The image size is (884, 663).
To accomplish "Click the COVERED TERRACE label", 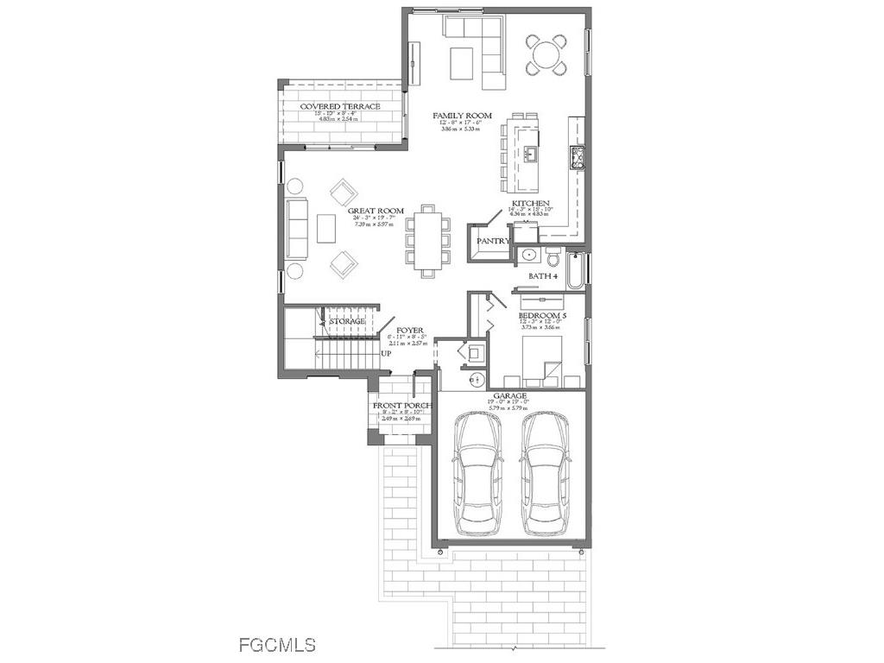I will [x=340, y=106].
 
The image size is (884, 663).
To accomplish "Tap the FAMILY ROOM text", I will [x=462, y=116].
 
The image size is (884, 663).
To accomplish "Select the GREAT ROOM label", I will [x=376, y=211].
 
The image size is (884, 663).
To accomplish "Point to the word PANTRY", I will [x=493, y=242].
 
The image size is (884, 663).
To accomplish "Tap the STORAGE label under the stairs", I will [x=347, y=321].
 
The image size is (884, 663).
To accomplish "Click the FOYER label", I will [x=409, y=331].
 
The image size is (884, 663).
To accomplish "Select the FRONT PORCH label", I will [x=401, y=406].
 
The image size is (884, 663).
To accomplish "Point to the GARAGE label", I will [x=509, y=396].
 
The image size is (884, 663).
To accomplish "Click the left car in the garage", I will [x=478, y=470].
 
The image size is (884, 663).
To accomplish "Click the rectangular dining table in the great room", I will [x=428, y=241].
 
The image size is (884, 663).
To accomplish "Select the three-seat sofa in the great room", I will [x=298, y=230].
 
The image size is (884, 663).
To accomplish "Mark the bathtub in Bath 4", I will [x=577, y=268].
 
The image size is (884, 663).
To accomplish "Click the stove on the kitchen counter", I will [x=578, y=158].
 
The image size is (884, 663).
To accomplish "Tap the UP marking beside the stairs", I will [x=387, y=354].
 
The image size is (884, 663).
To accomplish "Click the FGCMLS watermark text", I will [x=276, y=644].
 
